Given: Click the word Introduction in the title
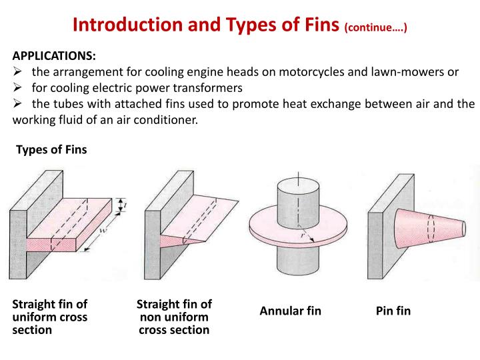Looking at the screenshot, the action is coord(128,25).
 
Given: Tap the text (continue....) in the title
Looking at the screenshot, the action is coord(375,27).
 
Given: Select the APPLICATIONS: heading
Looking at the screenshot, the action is coord(54,56).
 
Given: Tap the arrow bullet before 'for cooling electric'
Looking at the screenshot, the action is coord(17,88).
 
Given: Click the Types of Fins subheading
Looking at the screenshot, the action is coord(51,150).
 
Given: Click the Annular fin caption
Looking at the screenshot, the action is coord(290,311).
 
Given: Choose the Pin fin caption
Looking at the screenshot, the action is coord(393,311).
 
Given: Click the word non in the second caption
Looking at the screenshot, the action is coord(151,318).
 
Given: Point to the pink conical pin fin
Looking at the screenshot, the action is coord(429,229).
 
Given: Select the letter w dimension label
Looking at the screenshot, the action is coord(103,230).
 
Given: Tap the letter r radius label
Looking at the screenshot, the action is coord(303,235).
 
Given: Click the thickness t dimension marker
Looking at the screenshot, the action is coord(121,205).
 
